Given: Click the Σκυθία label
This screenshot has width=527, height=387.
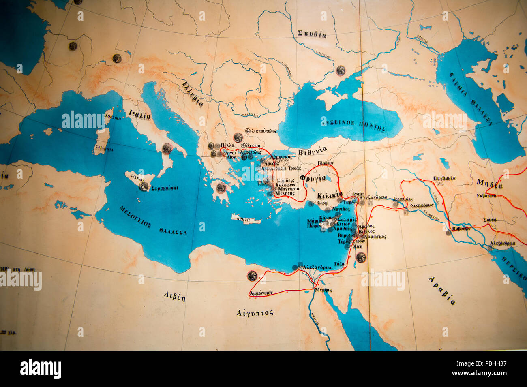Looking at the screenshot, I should pyautogui.click(x=312, y=34).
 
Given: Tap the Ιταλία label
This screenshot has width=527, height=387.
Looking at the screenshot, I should pyautogui.click(x=139, y=115).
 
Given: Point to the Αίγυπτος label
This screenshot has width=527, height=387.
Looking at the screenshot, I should pyautogui.click(x=255, y=312).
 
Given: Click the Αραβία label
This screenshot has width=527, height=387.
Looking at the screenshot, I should pyautogui.click(x=441, y=290).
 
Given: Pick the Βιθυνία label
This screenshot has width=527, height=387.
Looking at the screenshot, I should pyautogui.click(x=312, y=151).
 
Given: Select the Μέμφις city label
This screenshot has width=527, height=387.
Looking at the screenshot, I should pyautogui.click(x=323, y=290).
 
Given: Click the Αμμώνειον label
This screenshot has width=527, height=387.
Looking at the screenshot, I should pyautogui.click(x=261, y=292).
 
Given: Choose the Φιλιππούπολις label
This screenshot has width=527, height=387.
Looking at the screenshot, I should pyautogui.click(x=261, y=131).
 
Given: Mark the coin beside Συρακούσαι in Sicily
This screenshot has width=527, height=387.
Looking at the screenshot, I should pyautogui.click(x=144, y=186).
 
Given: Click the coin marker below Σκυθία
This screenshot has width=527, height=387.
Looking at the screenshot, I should pyautogui.click(x=340, y=70).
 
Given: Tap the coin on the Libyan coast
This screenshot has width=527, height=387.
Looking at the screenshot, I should pyautogui.click(x=252, y=276).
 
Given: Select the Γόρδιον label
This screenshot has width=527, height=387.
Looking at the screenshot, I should pyautogui.click(x=326, y=163).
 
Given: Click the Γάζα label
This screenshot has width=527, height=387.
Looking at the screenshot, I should pyautogui.click(x=339, y=263).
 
